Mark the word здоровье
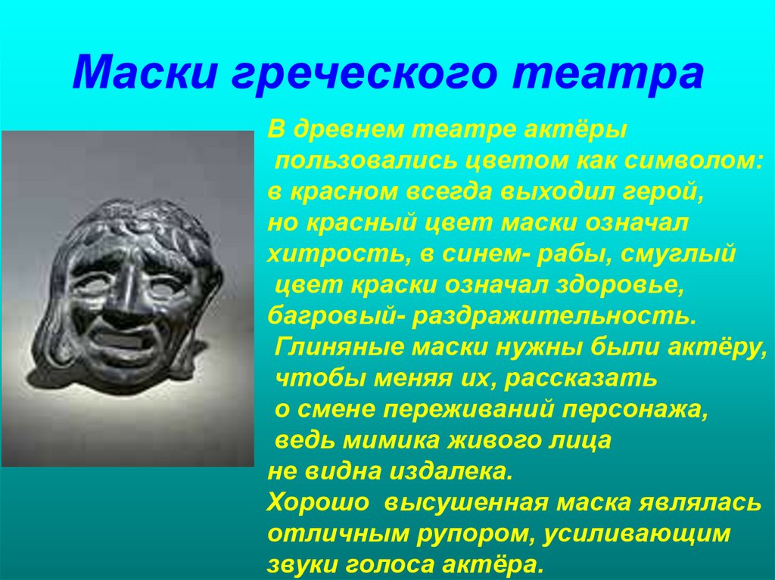pos(613,285)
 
